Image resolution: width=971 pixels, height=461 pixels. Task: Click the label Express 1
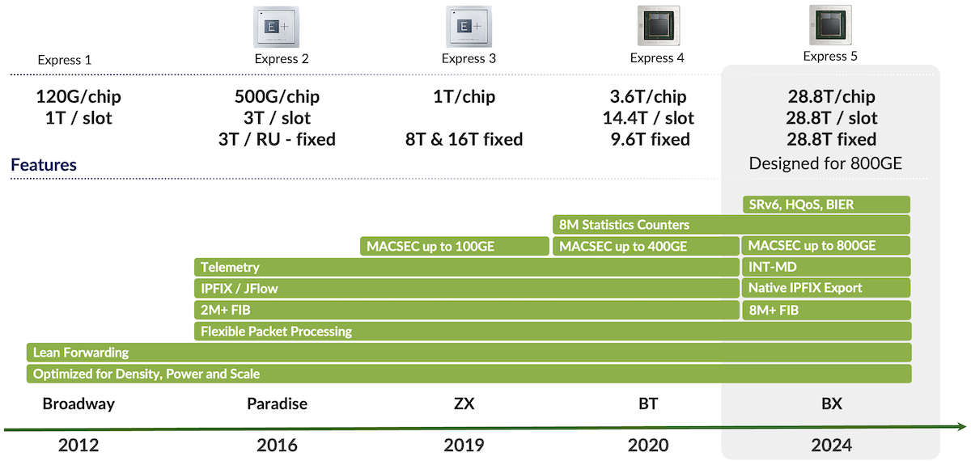pyautogui.click(x=65, y=60)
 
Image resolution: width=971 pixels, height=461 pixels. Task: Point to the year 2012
pyautogui.click(x=78, y=444)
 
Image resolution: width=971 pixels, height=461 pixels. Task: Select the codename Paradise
pyautogui.click(x=277, y=404)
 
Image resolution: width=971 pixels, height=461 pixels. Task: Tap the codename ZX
pyautogui.click(x=464, y=404)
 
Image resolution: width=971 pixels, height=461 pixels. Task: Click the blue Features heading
pyautogui.click(x=44, y=165)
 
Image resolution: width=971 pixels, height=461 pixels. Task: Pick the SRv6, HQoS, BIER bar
pyautogui.click(x=825, y=205)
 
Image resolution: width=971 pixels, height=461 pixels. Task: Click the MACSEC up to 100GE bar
pyautogui.click(x=454, y=246)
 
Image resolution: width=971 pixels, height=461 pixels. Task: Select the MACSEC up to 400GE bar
pyautogui.click(x=645, y=246)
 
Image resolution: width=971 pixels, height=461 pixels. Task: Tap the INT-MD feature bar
pyautogui.click(x=825, y=267)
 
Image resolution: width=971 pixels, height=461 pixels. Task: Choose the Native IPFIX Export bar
pyautogui.click(x=825, y=288)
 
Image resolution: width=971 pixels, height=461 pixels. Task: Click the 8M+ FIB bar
pyautogui.click(x=825, y=310)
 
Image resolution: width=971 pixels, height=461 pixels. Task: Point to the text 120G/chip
pyautogui.click(x=78, y=97)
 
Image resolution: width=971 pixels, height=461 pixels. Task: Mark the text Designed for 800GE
pyautogui.click(x=825, y=163)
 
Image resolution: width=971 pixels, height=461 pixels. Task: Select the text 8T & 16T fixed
pyautogui.click(x=464, y=139)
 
